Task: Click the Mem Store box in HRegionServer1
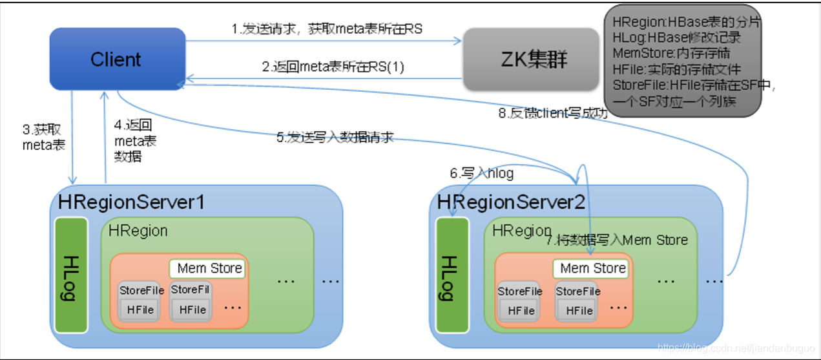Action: [209, 268]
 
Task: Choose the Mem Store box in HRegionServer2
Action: [592, 268]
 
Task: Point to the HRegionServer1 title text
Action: [131, 202]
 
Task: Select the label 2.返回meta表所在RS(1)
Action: [333, 67]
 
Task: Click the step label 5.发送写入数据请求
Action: [335, 137]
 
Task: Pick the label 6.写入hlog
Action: [482, 173]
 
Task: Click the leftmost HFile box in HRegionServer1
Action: [140, 310]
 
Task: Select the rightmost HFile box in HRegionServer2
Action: [579, 310]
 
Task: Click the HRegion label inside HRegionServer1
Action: [138, 231]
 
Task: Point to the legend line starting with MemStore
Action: [676, 53]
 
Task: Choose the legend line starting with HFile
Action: [676, 69]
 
